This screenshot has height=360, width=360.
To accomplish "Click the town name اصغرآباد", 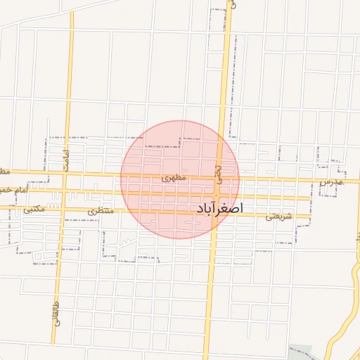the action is pyautogui.click(x=217, y=209).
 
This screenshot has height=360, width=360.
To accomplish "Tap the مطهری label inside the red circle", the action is pyautogui.click(x=174, y=179).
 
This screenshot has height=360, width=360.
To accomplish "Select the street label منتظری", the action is pyautogui.click(x=100, y=210).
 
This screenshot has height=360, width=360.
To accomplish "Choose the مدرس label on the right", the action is pyautogui.click(x=331, y=182).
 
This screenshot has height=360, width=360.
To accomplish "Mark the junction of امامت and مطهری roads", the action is pyautogui.click(x=65, y=173).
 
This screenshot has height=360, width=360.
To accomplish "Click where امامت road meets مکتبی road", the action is pyautogui.click(x=62, y=209).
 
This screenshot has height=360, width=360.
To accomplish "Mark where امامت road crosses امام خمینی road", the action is pyautogui.click(x=64, y=191).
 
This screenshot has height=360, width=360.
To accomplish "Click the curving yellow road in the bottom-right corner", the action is pyautogui.click(x=335, y=330).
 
